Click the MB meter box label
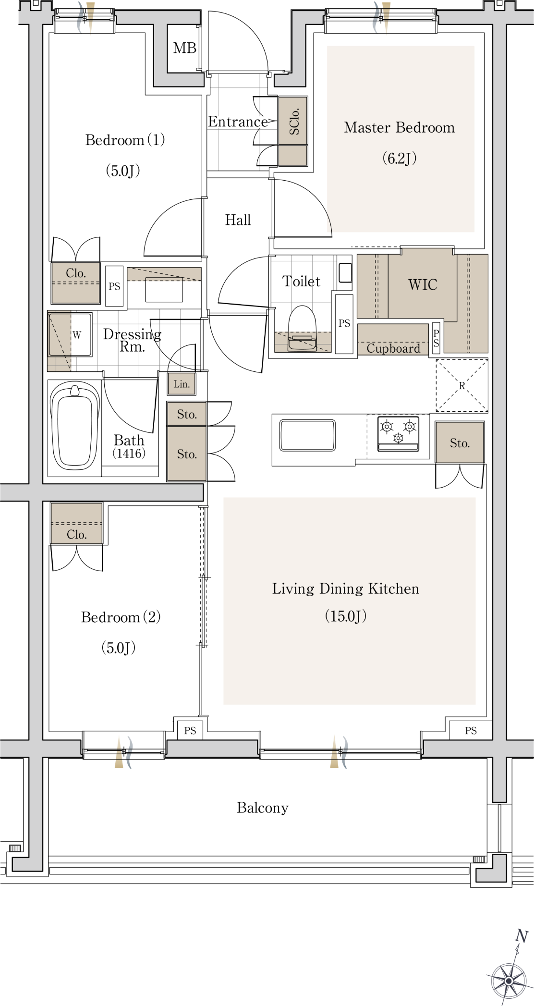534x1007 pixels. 185,48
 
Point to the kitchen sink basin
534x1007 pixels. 307,435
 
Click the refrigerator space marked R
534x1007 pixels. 462,385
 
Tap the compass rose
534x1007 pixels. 509,980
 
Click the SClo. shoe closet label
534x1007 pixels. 294,121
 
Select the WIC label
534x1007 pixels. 423,284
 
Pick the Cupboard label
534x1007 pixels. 393,348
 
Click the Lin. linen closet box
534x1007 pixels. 182,384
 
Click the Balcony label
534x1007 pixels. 263,808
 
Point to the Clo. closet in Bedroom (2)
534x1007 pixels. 76,523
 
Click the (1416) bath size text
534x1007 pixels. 129,453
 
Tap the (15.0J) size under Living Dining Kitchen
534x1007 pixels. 346,616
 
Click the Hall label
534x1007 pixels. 238,220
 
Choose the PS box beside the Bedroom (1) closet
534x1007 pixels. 114,286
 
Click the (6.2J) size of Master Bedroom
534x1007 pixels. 400,158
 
